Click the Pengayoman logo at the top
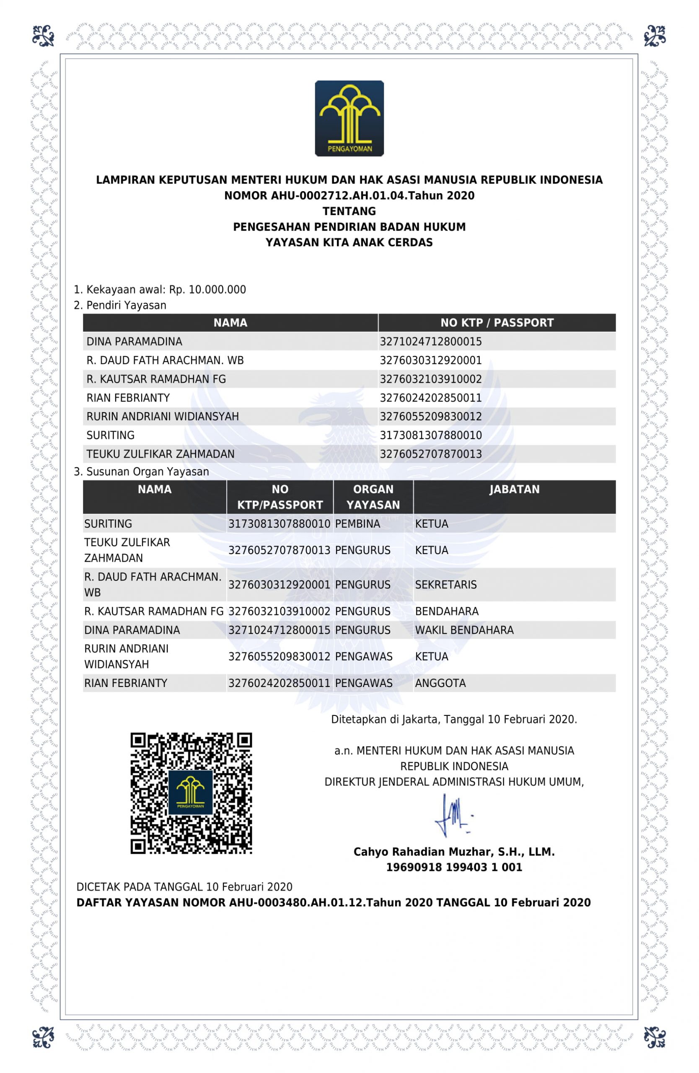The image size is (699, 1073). [349, 119]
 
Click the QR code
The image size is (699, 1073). [191, 793]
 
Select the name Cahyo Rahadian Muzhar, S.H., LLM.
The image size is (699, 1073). [454, 852]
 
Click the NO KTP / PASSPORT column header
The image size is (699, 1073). [497, 323]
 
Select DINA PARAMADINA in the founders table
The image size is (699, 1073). [134, 342]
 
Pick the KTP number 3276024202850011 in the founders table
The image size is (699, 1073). [430, 398]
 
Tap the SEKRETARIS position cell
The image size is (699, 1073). [446, 585]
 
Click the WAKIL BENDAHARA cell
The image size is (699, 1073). [464, 630]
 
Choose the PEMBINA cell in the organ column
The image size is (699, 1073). [357, 524]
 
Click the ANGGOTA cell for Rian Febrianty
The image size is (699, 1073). [440, 683]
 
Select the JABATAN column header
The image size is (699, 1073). [514, 490]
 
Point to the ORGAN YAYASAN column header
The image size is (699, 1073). [373, 497]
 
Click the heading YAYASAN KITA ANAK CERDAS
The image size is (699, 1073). [349, 243]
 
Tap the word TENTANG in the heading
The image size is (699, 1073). [349, 211]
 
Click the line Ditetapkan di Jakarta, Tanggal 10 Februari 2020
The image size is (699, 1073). [454, 719]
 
